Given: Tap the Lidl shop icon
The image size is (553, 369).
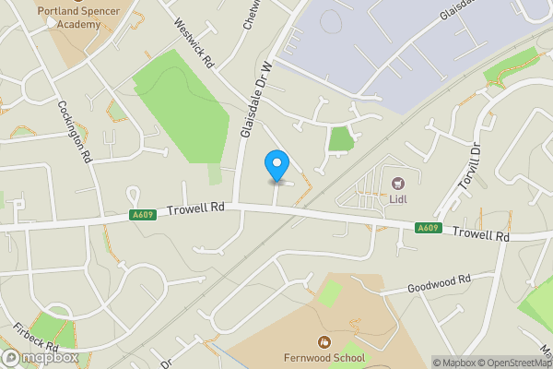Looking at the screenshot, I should (399, 184).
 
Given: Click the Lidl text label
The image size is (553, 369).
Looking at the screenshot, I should (399, 197).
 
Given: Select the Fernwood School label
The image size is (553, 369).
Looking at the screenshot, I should (324, 358).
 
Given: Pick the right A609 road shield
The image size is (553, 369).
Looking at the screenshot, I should (427, 228).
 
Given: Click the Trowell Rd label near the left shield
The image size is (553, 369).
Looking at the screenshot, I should (196, 211).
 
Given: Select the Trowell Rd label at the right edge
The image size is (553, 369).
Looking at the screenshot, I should (481, 235).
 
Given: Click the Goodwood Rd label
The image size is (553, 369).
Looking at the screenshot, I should (439, 280).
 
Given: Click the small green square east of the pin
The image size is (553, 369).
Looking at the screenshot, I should (341, 138).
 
